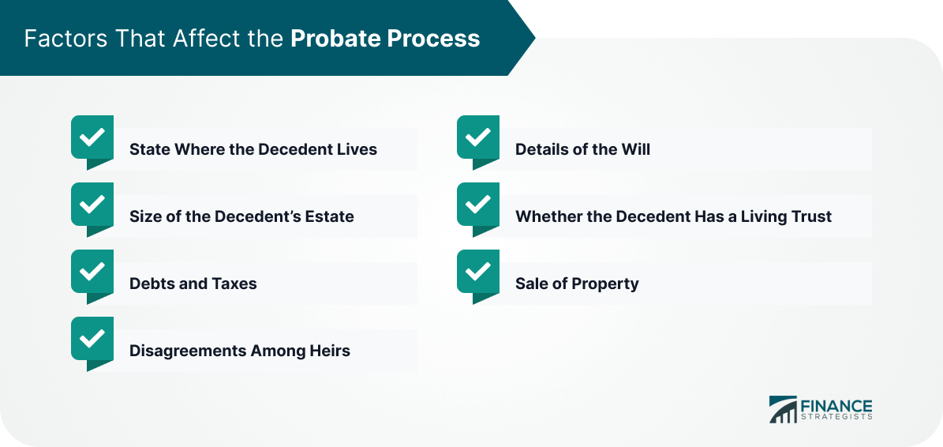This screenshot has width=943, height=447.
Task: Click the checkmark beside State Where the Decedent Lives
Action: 92,137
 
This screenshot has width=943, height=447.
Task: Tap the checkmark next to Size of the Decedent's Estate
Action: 92,205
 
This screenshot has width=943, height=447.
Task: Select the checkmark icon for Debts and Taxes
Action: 92,272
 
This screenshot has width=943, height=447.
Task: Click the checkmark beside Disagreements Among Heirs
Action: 92,340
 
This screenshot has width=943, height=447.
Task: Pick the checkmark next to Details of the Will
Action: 478,137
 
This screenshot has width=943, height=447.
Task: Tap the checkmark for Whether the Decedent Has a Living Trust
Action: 478,205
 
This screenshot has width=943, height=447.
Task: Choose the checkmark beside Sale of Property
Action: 478,272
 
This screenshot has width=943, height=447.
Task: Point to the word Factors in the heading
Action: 58,39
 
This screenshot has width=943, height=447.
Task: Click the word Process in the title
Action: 433,39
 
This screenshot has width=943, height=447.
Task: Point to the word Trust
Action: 812,216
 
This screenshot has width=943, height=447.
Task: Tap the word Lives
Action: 357,148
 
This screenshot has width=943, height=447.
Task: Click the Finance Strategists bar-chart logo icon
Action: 783,409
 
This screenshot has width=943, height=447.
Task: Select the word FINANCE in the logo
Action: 836,405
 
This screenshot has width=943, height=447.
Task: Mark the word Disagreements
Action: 185,351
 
